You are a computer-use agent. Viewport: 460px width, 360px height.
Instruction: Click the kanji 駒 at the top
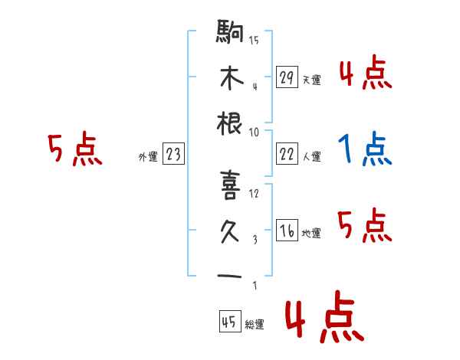pyautogui.click(x=230, y=34)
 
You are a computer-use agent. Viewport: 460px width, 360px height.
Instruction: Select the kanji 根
pyautogui.click(x=230, y=123)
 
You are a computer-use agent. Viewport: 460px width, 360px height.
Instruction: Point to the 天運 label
pyautogui.click(x=311, y=80)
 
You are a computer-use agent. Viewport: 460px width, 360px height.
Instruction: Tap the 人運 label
pyautogui.click(x=311, y=156)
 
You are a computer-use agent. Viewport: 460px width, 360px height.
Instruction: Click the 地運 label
pyautogui.click(x=311, y=233)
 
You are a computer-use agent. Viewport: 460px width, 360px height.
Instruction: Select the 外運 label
pyautogui.click(x=148, y=156)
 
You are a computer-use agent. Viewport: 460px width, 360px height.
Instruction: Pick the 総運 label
pyautogui.click(x=255, y=324)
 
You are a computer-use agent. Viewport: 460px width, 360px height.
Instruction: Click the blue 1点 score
pyautogui.click(x=365, y=149)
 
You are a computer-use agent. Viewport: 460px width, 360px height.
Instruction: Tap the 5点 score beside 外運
pyautogui.click(x=74, y=149)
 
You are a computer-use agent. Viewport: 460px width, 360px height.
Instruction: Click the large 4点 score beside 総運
pyautogui.click(x=322, y=320)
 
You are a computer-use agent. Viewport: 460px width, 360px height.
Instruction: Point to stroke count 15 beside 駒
pyautogui.click(x=254, y=41)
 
